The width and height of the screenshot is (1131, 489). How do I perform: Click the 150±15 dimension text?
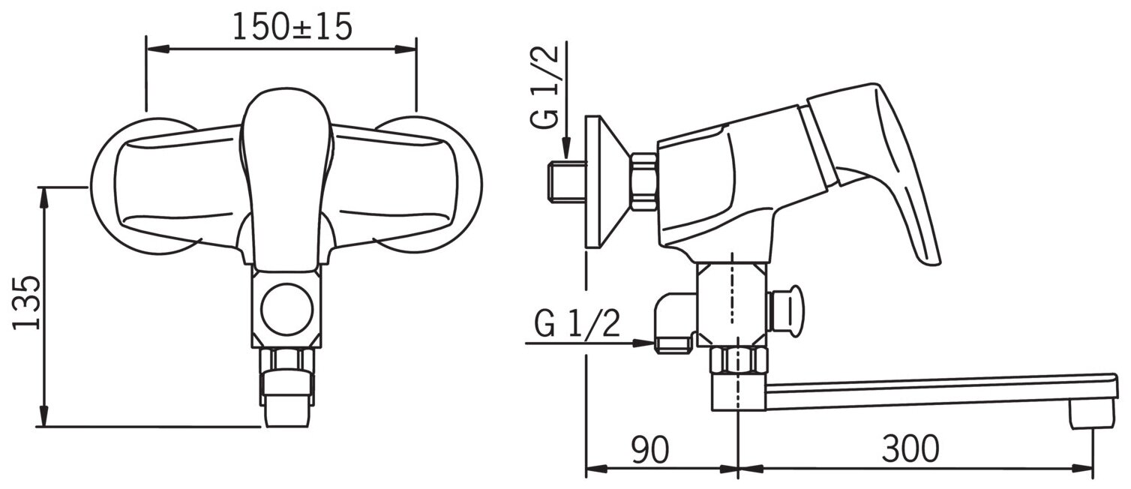click(292, 27)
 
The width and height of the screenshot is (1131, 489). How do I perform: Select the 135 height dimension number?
click(26, 302)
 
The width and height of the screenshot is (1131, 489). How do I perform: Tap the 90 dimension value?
click(650, 448)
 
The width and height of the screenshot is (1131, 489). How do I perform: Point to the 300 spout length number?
click(910, 448)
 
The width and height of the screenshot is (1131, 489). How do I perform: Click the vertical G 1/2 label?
click(545, 87)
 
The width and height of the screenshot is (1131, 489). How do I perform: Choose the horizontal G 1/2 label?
click(577, 323)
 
